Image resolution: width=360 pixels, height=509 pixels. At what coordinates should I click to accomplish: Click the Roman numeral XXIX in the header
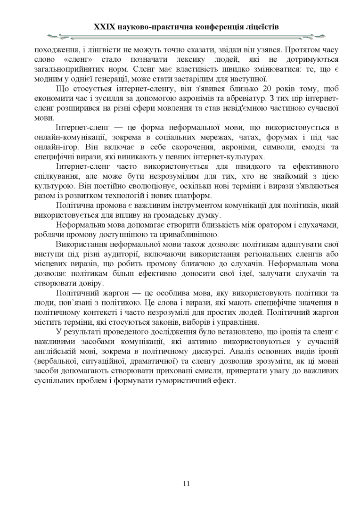point(105,27)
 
